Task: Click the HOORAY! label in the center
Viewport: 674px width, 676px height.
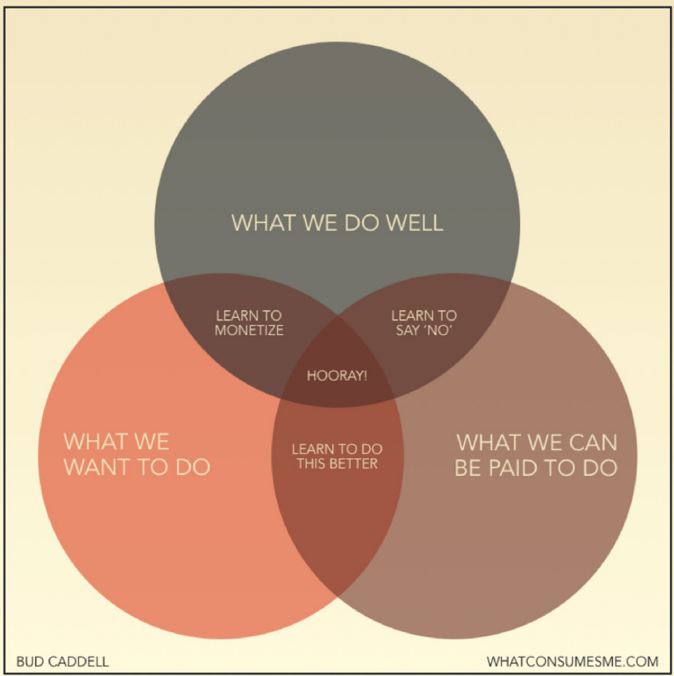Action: coord(337,376)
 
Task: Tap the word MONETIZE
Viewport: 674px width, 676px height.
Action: coord(249,330)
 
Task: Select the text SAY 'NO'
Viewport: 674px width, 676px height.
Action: coord(424,330)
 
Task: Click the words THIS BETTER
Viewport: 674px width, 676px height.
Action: coord(337,464)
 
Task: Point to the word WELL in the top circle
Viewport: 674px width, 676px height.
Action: coord(414,223)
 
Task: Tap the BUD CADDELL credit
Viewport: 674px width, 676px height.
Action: coord(62,661)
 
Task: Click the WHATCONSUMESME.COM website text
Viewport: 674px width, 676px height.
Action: coord(573,661)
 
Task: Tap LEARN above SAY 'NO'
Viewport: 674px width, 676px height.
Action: coord(407,316)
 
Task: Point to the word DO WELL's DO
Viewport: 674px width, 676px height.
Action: coord(362,223)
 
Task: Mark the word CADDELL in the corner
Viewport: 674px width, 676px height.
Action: coord(78,661)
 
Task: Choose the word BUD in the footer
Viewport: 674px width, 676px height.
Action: coord(30,661)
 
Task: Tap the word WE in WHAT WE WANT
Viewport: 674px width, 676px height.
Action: coord(152,442)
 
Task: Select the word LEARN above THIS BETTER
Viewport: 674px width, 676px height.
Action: coord(308,449)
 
